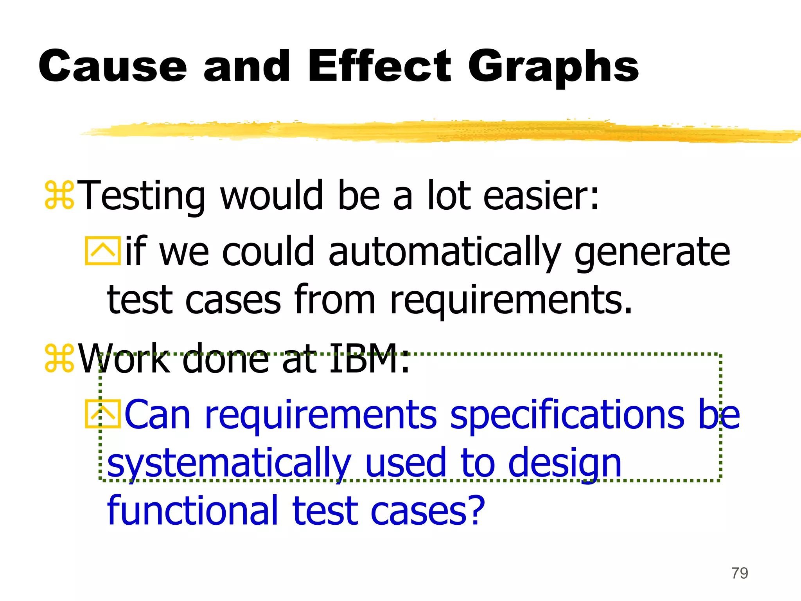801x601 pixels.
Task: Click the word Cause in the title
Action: [x=113, y=67]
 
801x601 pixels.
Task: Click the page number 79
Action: [x=740, y=573]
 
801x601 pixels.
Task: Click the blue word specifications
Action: [x=567, y=416]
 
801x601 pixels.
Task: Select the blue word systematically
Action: [x=229, y=464]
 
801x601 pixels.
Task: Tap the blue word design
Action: [x=565, y=464]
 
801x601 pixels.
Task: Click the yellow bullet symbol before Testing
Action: [x=59, y=194]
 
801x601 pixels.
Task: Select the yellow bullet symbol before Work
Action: [x=59, y=358]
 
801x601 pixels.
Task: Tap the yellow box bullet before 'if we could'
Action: [x=102, y=251]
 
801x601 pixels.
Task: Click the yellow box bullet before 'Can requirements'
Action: [x=102, y=414]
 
